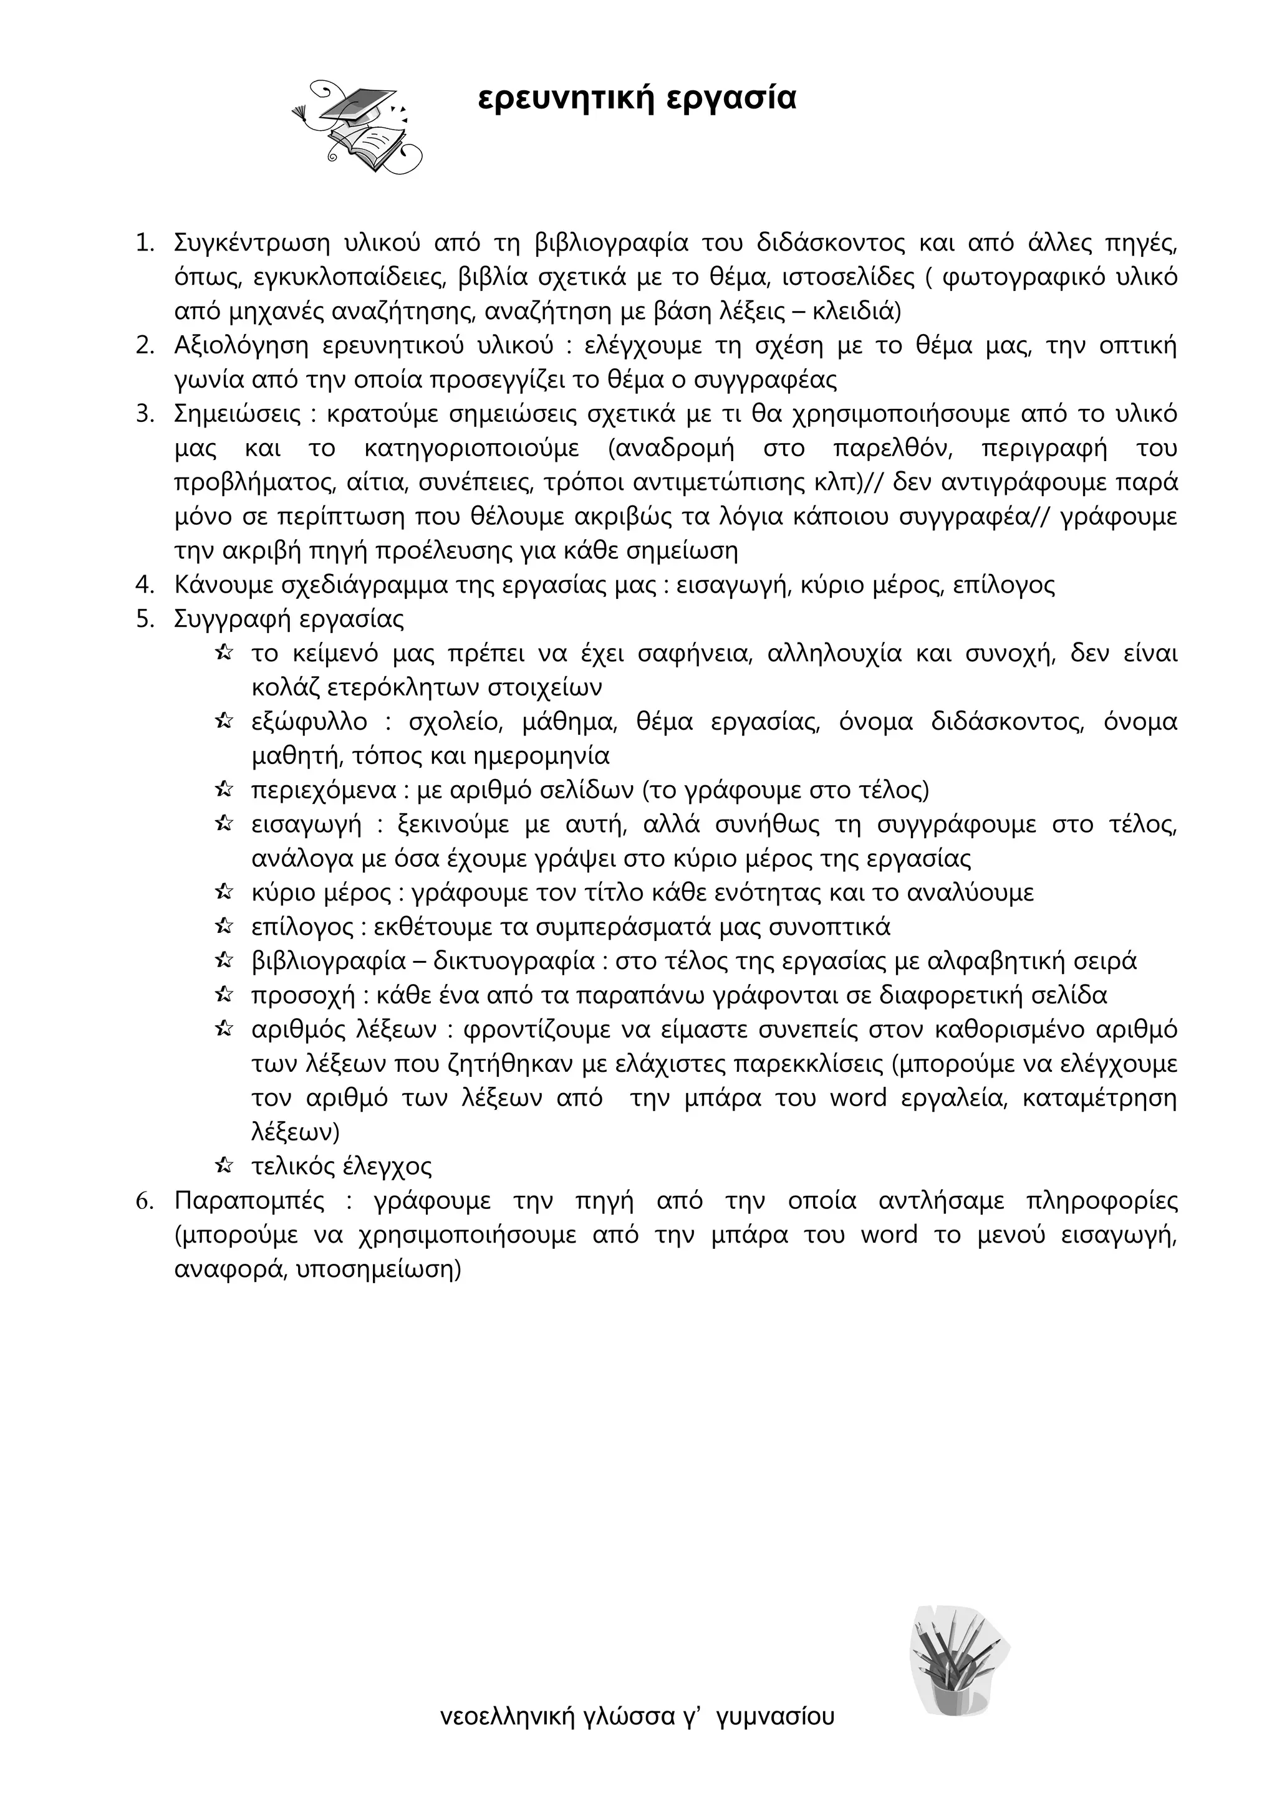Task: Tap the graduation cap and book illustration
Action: pos(358,126)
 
